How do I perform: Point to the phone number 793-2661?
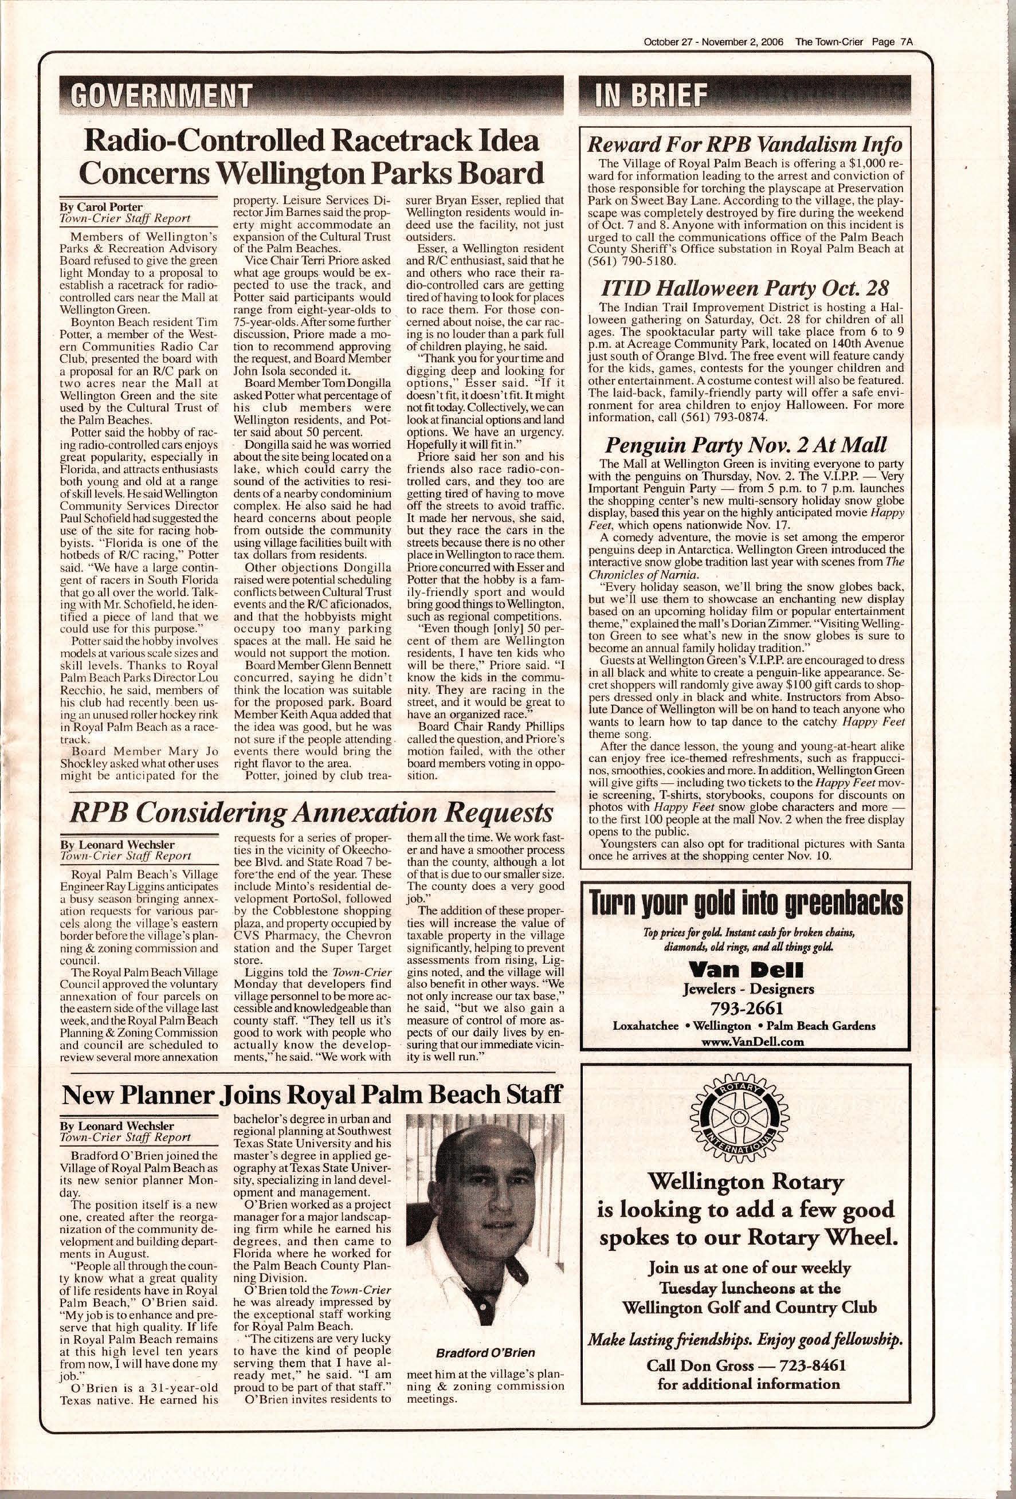pyautogui.click(x=746, y=1007)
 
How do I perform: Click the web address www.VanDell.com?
pyautogui.click(x=746, y=1042)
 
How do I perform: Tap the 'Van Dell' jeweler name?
pyautogui.click(x=746, y=969)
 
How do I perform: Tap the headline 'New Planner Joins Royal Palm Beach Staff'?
pyautogui.click(x=312, y=1094)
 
